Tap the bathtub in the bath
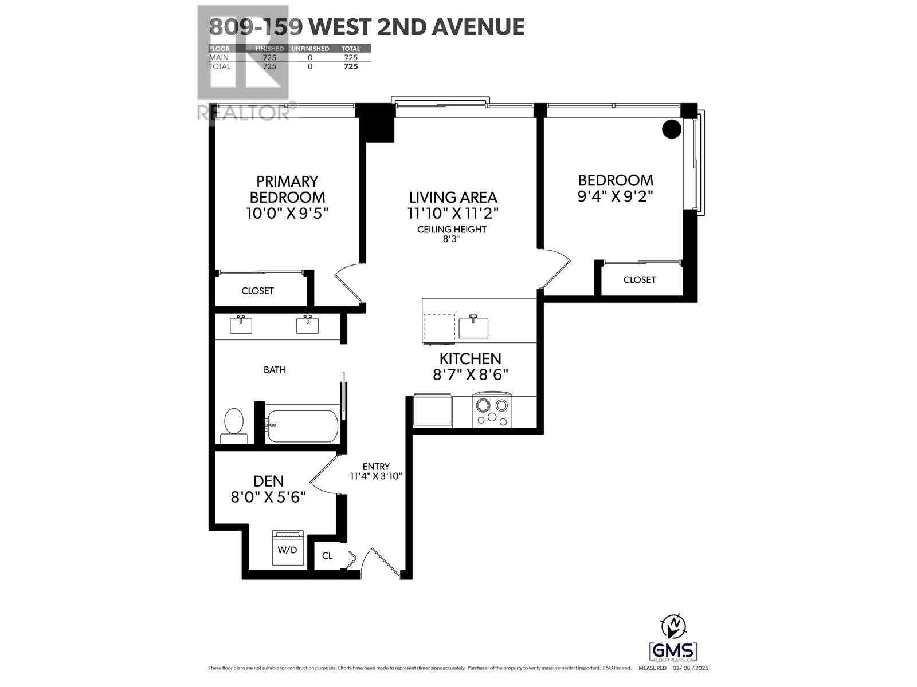tap(302, 425)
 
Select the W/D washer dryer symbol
tap(288, 548)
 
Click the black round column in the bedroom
tap(672, 129)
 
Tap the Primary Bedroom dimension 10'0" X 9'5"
tap(287, 214)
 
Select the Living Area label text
tap(453, 198)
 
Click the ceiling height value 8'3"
tap(451, 239)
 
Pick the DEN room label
tap(268, 481)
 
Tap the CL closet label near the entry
tap(327, 556)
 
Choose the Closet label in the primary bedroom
tap(257, 291)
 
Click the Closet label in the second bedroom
tap(639, 279)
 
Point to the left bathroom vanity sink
tap(241, 325)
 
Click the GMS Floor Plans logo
tap(673, 652)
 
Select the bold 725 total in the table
tap(350, 66)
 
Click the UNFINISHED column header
tap(309, 49)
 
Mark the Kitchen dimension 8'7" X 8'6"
tap(471, 374)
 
